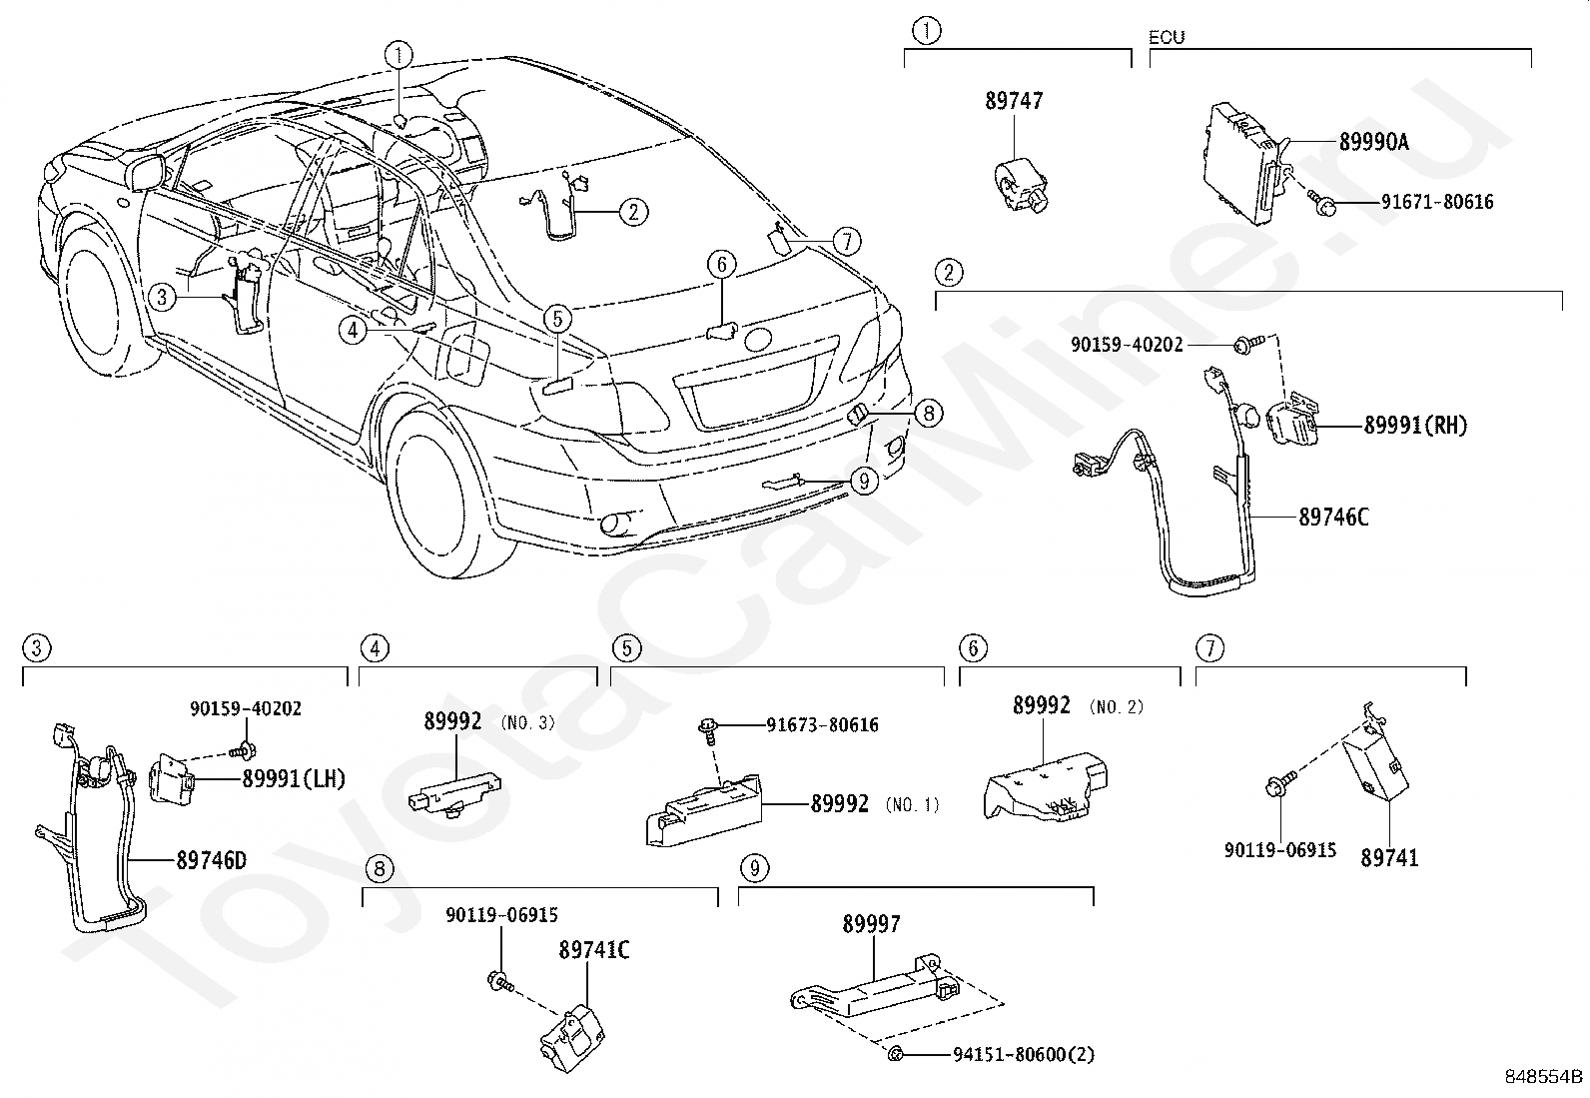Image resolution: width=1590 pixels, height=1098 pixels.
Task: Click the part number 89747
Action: pyautogui.click(x=1014, y=101)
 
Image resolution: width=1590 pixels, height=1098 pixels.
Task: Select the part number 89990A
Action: pyautogui.click(x=1373, y=142)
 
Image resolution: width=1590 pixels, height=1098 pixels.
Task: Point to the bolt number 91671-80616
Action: pyautogui.click(x=1437, y=202)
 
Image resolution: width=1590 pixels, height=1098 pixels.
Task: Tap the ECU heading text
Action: pyautogui.click(x=1167, y=37)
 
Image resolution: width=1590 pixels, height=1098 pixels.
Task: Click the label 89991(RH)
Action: pyautogui.click(x=1415, y=426)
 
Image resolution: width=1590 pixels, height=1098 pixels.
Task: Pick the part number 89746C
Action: pyautogui.click(x=1333, y=518)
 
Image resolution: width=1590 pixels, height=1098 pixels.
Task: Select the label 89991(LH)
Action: pyautogui.click(x=294, y=779)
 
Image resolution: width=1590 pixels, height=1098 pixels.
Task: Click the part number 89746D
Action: pyautogui.click(x=212, y=861)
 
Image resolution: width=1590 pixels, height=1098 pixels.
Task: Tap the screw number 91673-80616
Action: pyautogui.click(x=823, y=725)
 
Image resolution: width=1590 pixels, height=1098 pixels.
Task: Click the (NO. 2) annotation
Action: pyautogui.click(x=1117, y=706)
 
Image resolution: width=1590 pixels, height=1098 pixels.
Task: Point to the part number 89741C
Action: pyautogui.click(x=594, y=950)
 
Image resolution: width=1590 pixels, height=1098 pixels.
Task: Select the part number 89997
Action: pyautogui.click(x=872, y=924)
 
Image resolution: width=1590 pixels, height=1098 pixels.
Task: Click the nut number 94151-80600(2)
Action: pyautogui.click(x=1024, y=1055)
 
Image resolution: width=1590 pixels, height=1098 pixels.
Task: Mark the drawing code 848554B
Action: pyautogui.click(x=1544, y=1077)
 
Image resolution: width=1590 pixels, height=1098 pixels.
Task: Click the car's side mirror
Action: pyautogui.click(x=147, y=173)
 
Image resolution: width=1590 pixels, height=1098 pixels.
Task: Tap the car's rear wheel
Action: pyautogui.click(x=447, y=498)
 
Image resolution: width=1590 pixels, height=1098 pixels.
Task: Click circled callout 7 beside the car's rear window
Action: pyautogui.click(x=846, y=242)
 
